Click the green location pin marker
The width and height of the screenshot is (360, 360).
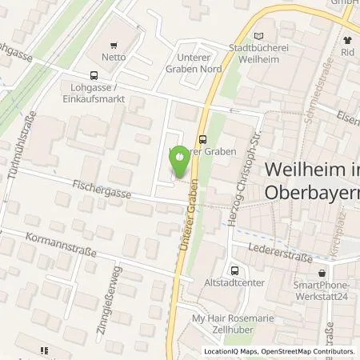click(x=181, y=160)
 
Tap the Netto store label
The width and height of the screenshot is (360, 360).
click(x=114, y=58)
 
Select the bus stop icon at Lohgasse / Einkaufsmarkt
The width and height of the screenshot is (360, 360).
click(x=73, y=76)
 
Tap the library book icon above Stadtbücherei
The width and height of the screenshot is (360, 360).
click(x=258, y=37)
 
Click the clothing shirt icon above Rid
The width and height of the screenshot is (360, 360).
click(x=347, y=38)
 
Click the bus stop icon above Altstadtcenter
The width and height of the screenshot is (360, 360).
click(x=234, y=271)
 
